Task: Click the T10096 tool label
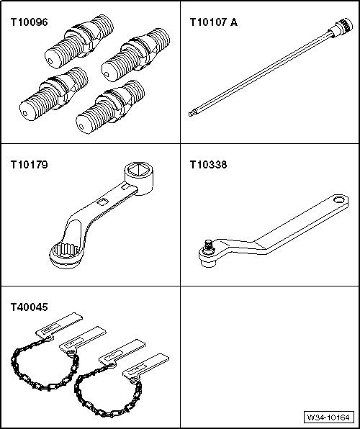tap(29, 22)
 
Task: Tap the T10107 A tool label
tap(214, 22)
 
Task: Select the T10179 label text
tap(29, 165)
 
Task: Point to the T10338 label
tap(208, 165)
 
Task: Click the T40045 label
tap(29, 307)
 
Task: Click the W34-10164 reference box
tap(328, 417)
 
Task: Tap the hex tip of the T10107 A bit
tap(191, 113)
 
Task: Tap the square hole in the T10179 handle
tap(102, 202)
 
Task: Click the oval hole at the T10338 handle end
tap(339, 199)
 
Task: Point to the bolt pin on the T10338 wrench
tap(209, 245)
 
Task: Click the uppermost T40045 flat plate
tap(59, 325)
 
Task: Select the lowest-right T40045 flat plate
tap(145, 366)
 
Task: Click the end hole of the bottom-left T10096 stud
tap(25, 113)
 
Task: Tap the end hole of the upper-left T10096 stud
tap(50, 61)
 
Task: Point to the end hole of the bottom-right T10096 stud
tap(81, 127)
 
